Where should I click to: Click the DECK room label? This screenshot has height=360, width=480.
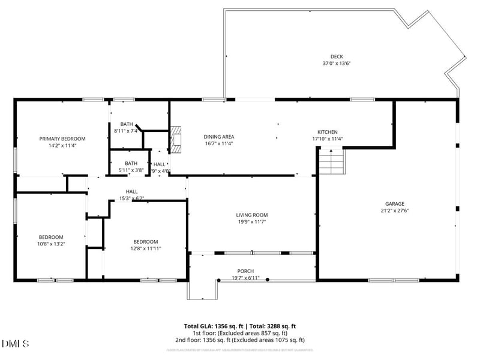pos(337,56)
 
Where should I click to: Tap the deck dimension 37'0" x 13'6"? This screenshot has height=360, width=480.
pos(337,63)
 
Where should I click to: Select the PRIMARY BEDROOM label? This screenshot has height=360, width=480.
pos(59,139)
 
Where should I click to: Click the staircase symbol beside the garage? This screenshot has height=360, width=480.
pos(332,161)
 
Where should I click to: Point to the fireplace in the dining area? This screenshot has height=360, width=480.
pos(176,139)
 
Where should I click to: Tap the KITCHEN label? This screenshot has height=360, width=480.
pos(327,132)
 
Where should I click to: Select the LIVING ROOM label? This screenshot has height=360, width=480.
pos(251,215)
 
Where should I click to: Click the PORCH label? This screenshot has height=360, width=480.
pos(245,270)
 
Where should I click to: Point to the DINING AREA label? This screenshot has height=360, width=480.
pos(219,137)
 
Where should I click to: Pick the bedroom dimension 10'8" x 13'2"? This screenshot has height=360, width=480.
pos(51,244)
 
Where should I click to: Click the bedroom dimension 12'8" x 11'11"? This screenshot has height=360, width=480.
pos(146,248)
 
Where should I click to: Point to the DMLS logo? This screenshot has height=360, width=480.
pos(16,344)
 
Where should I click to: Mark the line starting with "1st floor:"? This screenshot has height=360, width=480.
pos(239,333)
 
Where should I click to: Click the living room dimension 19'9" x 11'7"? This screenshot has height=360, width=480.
pos(251,222)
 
